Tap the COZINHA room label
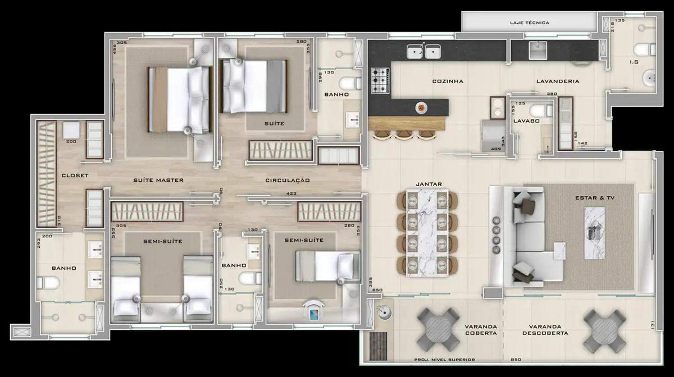[x=448, y=81]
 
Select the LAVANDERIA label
[x=557, y=81]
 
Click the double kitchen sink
[x=423, y=53]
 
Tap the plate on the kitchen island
[x=421, y=107]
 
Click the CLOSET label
[x=75, y=176]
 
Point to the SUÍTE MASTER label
[x=158, y=180]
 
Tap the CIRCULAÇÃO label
[x=288, y=180]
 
